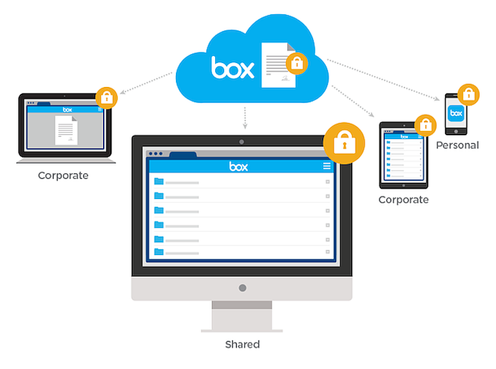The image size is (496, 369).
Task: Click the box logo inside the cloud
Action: [233, 66]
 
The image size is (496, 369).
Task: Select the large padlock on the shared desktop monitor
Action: [344, 142]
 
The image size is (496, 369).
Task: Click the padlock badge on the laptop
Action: [106, 99]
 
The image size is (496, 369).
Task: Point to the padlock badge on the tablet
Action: [424, 124]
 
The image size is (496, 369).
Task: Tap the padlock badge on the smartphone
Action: [468, 94]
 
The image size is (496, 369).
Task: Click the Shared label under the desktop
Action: [242, 345]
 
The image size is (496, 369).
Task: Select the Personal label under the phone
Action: [457, 146]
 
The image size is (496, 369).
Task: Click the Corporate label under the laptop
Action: [63, 175]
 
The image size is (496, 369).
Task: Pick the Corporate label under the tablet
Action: [403, 200]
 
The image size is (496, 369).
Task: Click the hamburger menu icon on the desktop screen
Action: [327, 166]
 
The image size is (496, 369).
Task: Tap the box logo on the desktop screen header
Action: [238, 167]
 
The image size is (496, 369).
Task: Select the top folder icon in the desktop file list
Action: [158, 182]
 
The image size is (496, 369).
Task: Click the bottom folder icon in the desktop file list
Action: [158, 252]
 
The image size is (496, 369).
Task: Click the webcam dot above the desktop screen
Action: [242, 142]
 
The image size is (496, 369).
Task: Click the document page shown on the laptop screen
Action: [65, 131]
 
